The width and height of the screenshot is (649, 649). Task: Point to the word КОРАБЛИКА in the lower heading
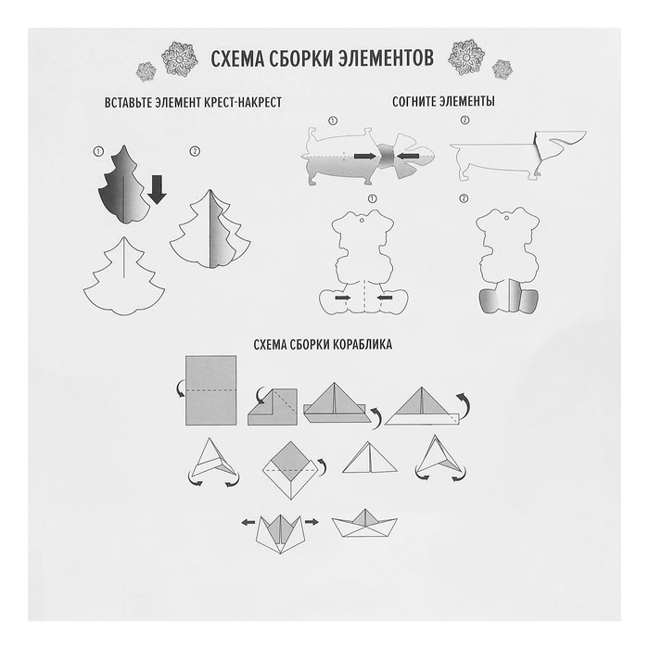(x=360, y=344)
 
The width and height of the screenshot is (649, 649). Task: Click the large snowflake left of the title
(x=179, y=58)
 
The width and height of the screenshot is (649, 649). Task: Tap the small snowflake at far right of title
(x=503, y=70)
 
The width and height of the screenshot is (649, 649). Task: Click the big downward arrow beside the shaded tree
(x=157, y=189)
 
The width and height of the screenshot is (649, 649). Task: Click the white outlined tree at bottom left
(x=124, y=276)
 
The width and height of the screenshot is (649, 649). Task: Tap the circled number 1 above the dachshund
(x=333, y=121)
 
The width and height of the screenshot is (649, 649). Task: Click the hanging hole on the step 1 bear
(x=362, y=220)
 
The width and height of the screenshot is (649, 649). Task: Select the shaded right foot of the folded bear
(x=528, y=301)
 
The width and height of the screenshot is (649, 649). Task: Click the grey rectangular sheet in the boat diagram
(x=211, y=390)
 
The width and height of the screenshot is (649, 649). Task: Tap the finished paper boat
(x=364, y=523)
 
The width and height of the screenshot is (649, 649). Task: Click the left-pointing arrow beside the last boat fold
(x=248, y=522)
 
